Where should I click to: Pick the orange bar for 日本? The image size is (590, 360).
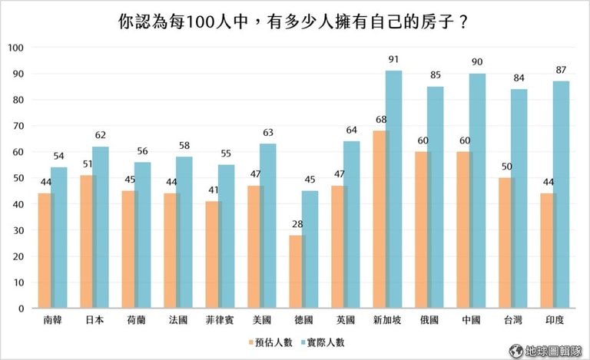click(88, 241)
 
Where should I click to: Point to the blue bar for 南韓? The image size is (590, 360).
click(60, 237)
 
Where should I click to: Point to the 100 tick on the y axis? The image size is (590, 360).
click(16, 48)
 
